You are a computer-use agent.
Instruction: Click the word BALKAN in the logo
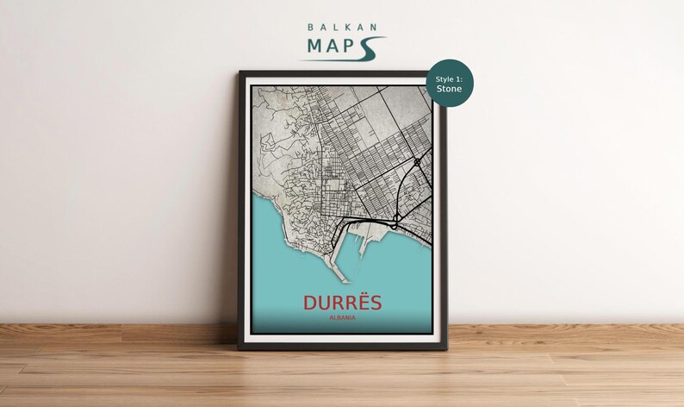click(x=342, y=28)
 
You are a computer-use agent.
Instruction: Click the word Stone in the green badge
click(x=449, y=89)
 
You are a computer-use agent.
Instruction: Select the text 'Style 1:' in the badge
click(x=449, y=78)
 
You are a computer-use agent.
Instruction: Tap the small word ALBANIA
click(x=342, y=320)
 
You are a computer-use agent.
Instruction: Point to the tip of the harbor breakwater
click(x=344, y=281)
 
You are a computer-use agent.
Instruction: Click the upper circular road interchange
click(x=417, y=161)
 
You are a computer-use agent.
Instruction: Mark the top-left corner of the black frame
click(x=239, y=72)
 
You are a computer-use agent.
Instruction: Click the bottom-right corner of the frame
click(x=446, y=348)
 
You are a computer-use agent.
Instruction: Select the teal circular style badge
click(x=450, y=84)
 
